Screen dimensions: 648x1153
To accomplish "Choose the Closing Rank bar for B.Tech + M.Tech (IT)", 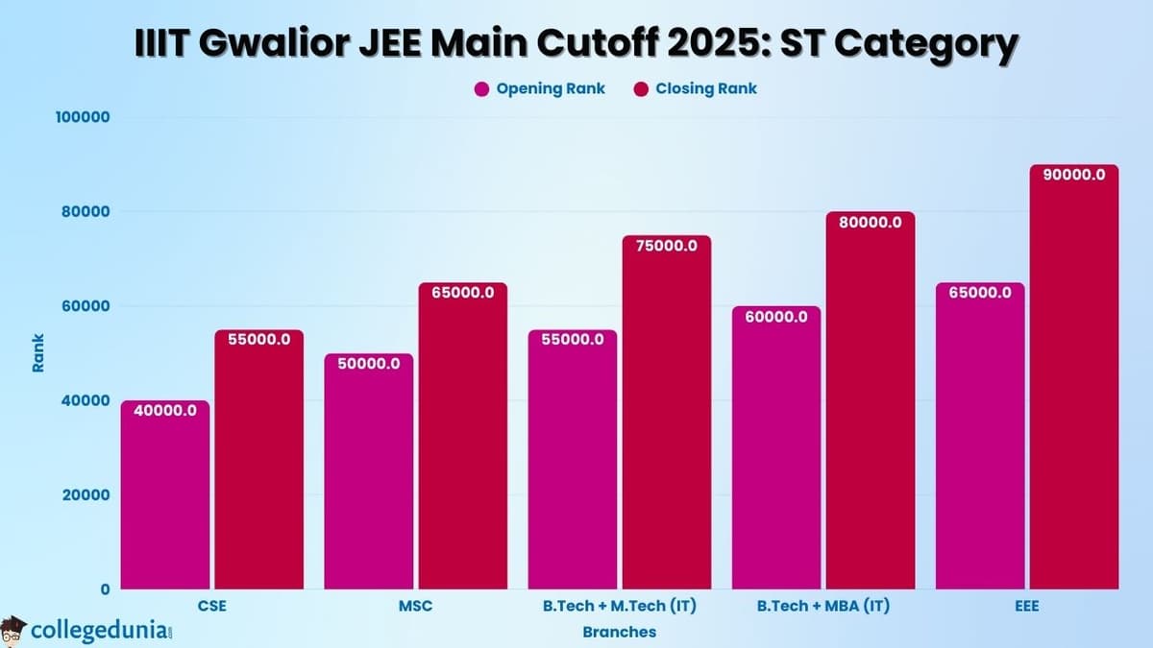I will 666,412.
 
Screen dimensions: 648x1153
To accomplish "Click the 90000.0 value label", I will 1073,175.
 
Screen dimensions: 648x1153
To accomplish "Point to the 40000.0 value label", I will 165,411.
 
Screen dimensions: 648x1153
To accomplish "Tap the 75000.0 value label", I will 666,246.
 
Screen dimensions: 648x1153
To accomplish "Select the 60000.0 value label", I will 774,317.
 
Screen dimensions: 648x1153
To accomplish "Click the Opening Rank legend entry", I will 540,88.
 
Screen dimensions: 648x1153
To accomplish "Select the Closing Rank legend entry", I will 696,88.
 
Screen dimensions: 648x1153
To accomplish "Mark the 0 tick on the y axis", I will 106,588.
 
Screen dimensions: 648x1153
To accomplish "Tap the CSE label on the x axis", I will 211,607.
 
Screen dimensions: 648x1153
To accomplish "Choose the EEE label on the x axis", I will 1026,607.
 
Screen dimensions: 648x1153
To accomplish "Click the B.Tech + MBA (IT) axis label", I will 822,607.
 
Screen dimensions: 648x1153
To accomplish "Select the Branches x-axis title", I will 619,632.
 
